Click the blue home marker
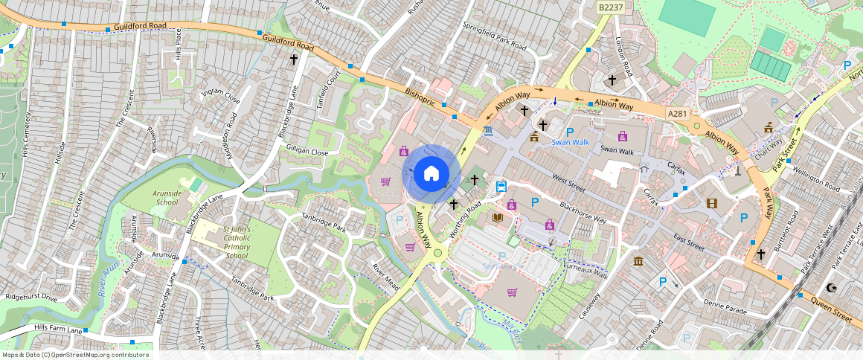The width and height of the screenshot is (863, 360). (431, 174)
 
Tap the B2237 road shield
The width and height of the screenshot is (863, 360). (611, 7)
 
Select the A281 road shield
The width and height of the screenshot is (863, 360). (677, 113)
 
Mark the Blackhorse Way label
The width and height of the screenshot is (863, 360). (584, 213)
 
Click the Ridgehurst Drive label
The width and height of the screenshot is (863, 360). (31, 297)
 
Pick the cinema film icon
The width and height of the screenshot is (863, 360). (712, 203)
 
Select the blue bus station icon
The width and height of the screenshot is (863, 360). (502, 187)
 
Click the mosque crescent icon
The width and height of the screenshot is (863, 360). (832, 288)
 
